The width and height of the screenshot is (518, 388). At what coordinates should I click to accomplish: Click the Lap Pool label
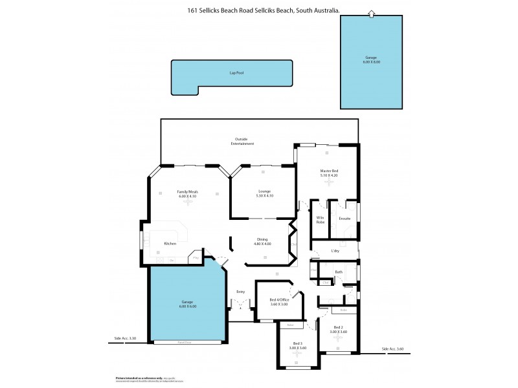click(235, 73)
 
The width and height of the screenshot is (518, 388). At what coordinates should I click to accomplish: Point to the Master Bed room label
click(329, 173)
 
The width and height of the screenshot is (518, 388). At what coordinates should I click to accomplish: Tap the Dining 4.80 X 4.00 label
click(262, 242)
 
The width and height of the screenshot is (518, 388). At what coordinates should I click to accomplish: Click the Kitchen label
click(170, 244)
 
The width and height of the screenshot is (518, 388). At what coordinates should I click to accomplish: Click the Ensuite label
click(344, 219)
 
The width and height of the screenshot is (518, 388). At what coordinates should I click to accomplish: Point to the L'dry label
click(335, 251)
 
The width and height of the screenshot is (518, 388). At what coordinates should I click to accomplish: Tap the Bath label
click(339, 272)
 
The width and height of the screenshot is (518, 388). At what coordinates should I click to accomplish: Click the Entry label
click(240, 292)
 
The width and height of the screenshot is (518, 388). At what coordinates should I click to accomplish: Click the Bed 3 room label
click(297, 346)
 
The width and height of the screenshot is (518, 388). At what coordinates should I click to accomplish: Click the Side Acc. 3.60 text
click(392, 349)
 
